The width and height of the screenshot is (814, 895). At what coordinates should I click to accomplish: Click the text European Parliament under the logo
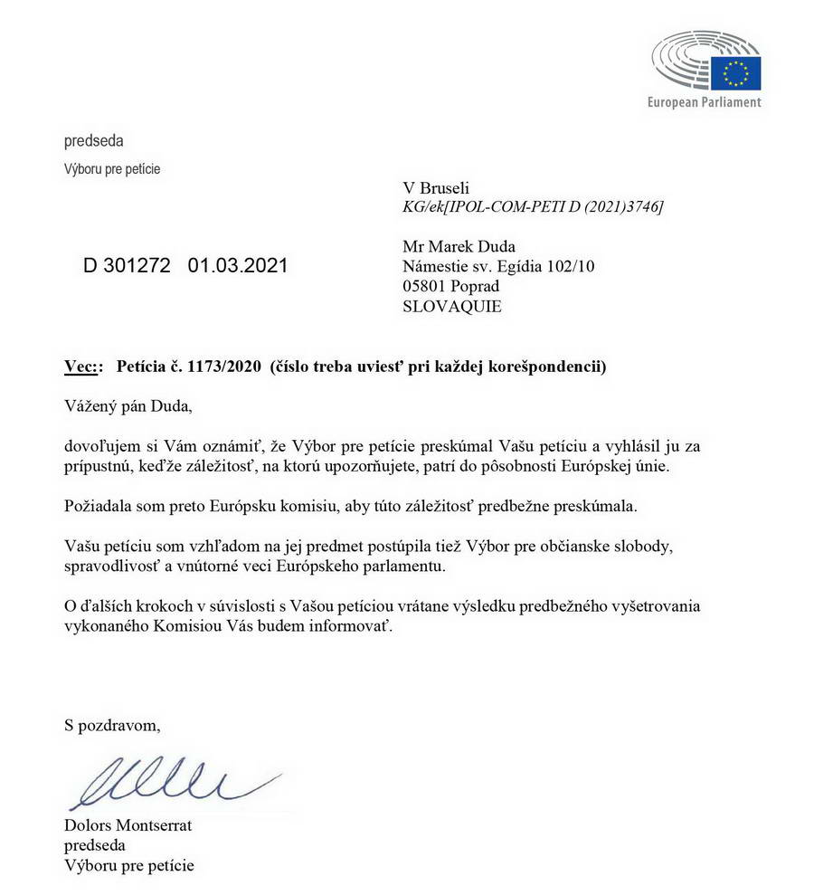pyautogui.click(x=704, y=102)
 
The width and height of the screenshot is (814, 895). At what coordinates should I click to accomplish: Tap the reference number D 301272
pyautogui.click(x=127, y=266)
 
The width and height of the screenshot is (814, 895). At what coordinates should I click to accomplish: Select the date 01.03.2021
pyautogui.click(x=238, y=266)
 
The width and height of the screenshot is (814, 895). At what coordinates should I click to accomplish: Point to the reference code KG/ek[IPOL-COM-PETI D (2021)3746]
pyautogui.click(x=533, y=207)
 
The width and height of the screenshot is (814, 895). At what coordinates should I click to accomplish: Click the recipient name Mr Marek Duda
pyautogui.click(x=458, y=246)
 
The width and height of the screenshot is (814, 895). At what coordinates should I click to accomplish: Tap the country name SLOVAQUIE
pyautogui.click(x=451, y=306)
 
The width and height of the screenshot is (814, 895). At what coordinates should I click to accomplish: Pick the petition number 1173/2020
pyautogui.click(x=213, y=367)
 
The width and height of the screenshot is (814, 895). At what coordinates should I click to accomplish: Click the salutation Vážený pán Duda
pyautogui.click(x=128, y=406)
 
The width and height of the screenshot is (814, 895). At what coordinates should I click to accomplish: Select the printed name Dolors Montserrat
pyautogui.click(x=128, y=825)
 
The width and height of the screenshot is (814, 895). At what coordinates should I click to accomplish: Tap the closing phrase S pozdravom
pyautogui.click(x=113, y=724)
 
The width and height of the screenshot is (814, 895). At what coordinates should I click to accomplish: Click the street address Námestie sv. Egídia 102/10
pyautogui.click(x=498, y=266)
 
